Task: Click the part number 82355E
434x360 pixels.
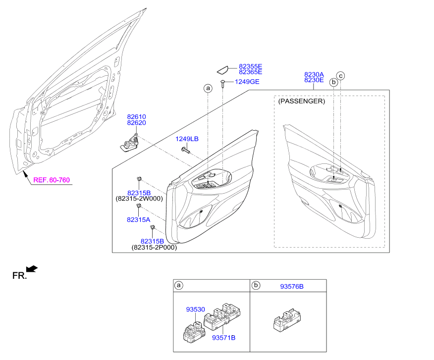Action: (x=250, y=66)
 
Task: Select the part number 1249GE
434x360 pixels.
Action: (x=247, y=82)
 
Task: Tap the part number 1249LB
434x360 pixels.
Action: (x=187, y=140)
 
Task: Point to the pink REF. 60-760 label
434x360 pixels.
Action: (x=52, y=180)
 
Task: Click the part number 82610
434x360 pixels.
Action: (x=136, y=117)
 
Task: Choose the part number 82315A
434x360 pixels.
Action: (x=138, y=219)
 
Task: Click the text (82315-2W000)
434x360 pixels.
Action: (x=139, y=199)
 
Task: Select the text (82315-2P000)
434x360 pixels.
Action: (x=154, y=247)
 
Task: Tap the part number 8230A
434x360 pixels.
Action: (x=314, y=74)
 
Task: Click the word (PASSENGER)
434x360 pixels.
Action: (x=302, y=101)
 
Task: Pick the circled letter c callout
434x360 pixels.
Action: (x=341, y=76)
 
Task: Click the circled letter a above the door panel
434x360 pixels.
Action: (x=208, y=88)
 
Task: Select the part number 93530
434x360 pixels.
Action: (x=196, y=309)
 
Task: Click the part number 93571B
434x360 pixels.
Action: (x=223, y=338)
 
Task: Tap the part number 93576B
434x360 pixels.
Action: (x=292, y=286)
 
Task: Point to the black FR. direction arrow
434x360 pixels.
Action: (x=32, y=269)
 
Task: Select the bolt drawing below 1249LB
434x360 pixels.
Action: (x=186, y=150)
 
